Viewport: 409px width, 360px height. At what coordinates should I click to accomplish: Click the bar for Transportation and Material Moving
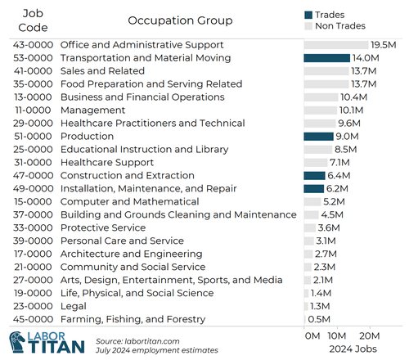(326, 58)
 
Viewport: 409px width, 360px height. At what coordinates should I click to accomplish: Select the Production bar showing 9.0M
(318, 137)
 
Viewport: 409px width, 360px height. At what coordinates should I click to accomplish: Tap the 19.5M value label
(384, 45)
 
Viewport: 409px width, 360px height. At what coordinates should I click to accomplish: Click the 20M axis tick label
(370, 335)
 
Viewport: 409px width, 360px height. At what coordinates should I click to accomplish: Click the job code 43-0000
(34, 45)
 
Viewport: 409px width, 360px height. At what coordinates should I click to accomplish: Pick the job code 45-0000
(34, 319)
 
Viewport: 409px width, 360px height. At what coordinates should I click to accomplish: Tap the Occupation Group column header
(180, 20)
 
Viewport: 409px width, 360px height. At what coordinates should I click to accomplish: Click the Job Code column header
(34, 20)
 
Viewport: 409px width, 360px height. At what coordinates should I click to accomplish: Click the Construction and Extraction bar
(313, 176)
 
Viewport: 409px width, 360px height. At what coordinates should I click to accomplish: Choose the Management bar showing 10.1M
(320, 110)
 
